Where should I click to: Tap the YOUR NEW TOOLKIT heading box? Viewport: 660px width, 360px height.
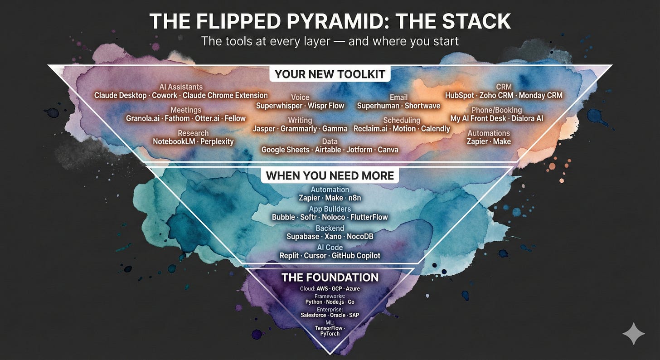[330, 74]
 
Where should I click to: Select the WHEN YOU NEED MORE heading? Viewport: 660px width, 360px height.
[330, 175]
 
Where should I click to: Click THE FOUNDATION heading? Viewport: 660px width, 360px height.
[330, 277]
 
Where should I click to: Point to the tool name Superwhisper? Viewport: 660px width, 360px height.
[279, 106]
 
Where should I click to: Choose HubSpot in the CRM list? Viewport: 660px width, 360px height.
[459, 96]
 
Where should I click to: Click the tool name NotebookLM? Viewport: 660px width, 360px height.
[174, 141]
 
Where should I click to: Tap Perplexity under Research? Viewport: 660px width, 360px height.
[217, 142]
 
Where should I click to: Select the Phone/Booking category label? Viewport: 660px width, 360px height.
[496, 110]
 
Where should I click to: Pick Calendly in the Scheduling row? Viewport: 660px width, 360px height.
[436, 129]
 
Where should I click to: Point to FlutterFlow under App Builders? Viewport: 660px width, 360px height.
[369, 218]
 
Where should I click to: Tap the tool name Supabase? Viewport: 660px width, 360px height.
[303, 237]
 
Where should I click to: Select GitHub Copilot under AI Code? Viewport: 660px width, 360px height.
[356, 256]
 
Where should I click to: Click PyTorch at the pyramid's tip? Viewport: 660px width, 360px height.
[330, 334]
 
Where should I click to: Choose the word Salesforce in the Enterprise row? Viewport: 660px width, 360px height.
[313, 315]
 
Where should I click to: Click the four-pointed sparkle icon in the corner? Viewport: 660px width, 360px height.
[634, 334]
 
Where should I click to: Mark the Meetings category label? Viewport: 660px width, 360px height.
[186, 110]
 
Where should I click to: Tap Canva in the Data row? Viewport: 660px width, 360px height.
[388, 150]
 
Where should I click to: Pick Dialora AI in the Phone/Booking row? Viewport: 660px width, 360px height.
[527, 118]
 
